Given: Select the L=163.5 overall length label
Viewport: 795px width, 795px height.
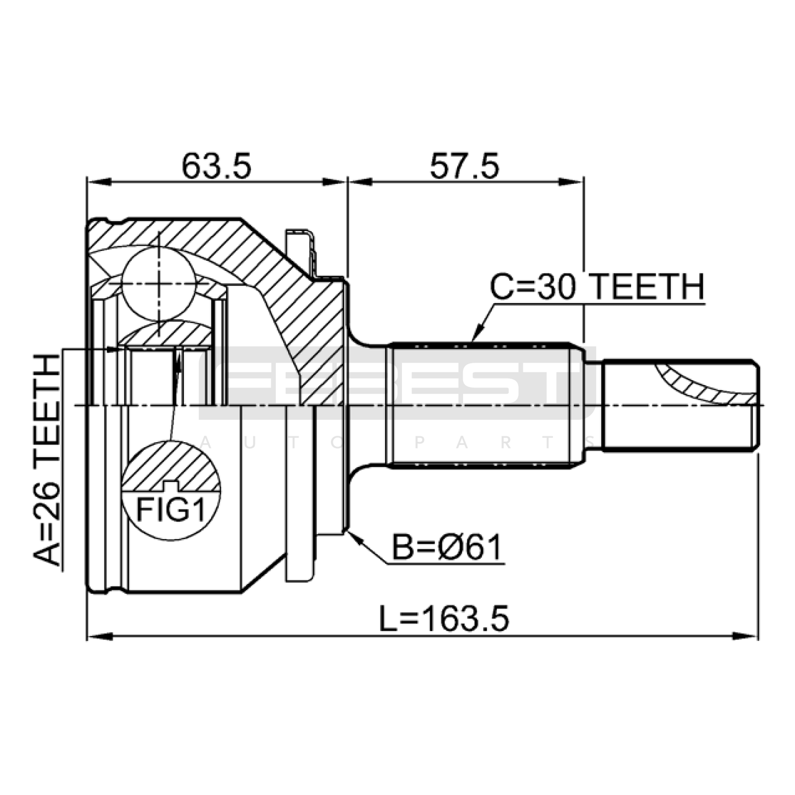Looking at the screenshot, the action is pos(444,619).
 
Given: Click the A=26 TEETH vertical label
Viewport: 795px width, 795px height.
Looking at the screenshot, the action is pos(47,460).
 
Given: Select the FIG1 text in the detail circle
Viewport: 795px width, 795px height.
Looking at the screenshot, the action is pos(171,510).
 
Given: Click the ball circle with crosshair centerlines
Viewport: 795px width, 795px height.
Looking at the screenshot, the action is pos(159,284).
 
